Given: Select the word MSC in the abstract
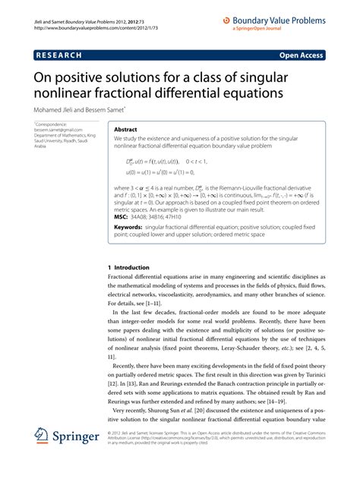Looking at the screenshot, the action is pyautogui.click(x=122, y=216).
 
